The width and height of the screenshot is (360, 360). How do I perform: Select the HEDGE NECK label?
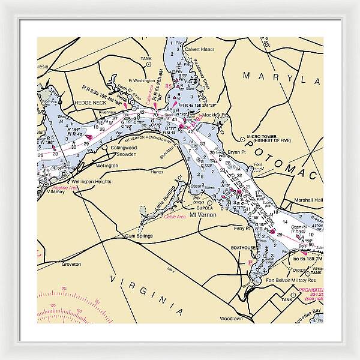click(90, 103)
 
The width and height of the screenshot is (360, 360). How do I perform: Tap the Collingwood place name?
click(124, 148)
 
